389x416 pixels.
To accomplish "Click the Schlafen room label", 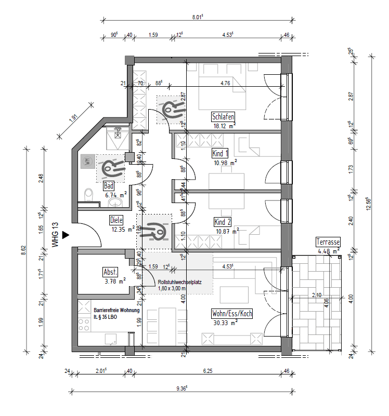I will (x=223, y=116).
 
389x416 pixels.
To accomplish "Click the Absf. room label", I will (x=111, y=272).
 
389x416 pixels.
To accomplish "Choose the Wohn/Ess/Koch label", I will (x=231, y=314).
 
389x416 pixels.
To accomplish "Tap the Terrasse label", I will (x=328, y=243).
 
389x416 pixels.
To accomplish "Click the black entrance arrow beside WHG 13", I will (x=65, y=235).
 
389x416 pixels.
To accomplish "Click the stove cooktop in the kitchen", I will (x=84, y=326).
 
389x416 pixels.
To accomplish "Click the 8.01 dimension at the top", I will (x=196, y=17).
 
